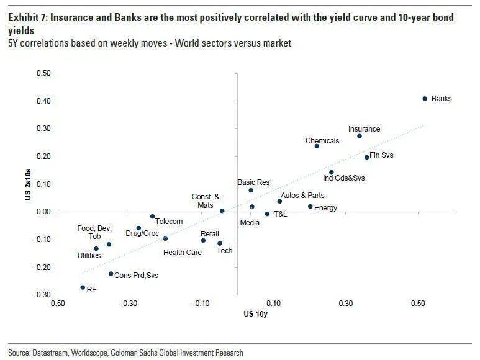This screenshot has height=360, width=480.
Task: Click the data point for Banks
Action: pyautogui.click(x=425, y=98)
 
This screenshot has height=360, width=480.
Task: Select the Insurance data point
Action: pyautogui.click(x=359, y=136)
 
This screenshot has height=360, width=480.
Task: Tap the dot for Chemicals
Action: pyautogui.click(x=317, y=146)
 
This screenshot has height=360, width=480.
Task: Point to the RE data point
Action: pyautogui.click(x=83, y=287)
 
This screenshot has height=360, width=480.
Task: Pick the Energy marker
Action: pyautogui.click(x=310, y=206)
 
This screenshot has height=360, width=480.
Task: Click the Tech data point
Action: pyautogui.click(x=220, y=243)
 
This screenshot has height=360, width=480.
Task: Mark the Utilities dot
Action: pyautogui.click(x=96, y=248)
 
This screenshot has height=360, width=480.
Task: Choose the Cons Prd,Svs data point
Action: pyautogui.click(x=111, y=274)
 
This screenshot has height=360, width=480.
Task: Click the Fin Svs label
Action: pyautogui.click(x=381, y=155)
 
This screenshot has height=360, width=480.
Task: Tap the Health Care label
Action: pyautogui.click(x=182, y=253)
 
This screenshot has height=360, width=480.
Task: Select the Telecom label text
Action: pyautogui.click(x=169, y=222)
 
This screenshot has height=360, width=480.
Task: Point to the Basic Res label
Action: pyautogui.click(x=253, y=182)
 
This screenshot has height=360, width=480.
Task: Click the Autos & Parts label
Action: pyautogui.click(x=303, y=196)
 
